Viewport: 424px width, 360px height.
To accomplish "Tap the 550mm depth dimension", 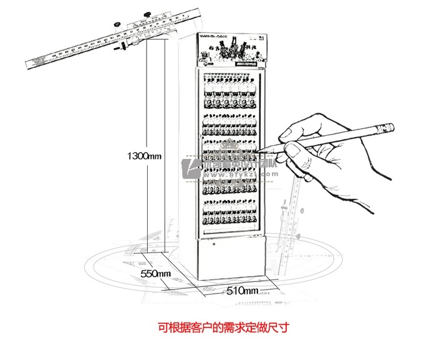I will (x=155, y=273).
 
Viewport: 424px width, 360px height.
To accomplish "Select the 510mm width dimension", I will (x=243, y=290).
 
